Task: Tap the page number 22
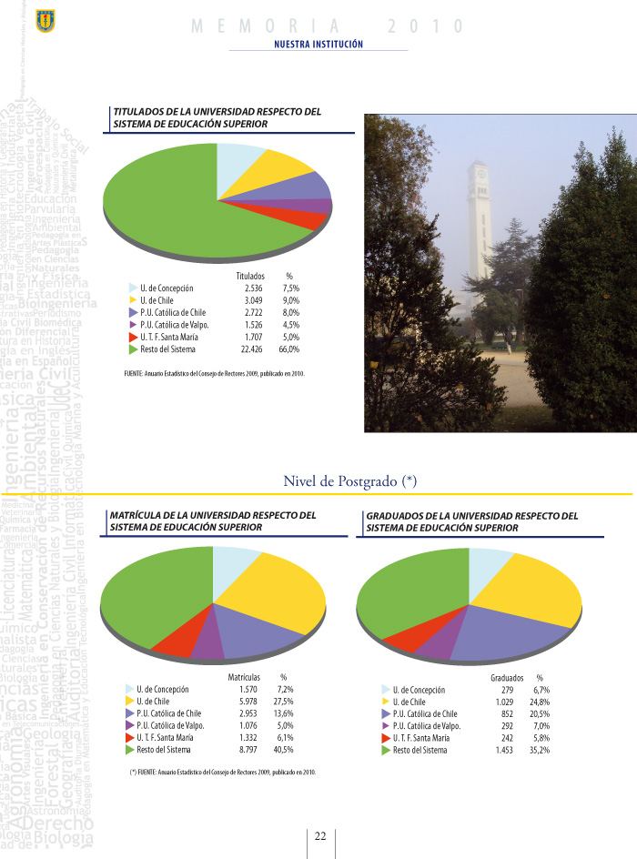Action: [320, 836]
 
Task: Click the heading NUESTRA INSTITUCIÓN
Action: [318, 44]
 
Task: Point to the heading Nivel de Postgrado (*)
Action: [349, 480]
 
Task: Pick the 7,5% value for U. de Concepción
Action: [290, 288]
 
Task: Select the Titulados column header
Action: [249, 274]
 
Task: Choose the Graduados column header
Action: [506, 678]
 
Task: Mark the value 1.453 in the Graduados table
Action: [504, 749]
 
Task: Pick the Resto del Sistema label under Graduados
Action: [420, 749]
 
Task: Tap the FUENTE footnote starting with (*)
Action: [223, 772]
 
